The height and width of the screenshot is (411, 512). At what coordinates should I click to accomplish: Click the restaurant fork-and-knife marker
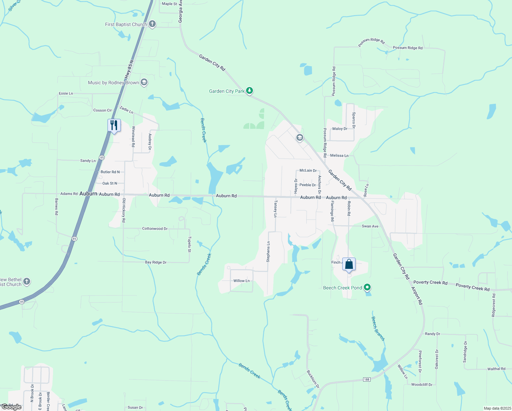pos(114,125)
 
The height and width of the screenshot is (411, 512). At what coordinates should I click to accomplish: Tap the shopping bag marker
pos(349,264)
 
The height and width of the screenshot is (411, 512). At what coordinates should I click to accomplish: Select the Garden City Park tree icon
pos(250,91)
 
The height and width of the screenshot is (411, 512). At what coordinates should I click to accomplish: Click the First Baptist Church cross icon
pos(152,24)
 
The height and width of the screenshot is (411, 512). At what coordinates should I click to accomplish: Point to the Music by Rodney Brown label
pos(113,83)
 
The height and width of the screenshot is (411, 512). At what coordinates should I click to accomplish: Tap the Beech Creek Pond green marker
pos(367,287)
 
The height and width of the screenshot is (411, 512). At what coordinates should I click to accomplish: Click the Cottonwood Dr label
pos(155,228)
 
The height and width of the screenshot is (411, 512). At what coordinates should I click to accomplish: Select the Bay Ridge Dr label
pos(156,262)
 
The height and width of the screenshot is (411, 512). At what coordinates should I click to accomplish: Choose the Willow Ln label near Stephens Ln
pos(242,281)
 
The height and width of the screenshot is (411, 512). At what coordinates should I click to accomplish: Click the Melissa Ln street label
pos(339,155)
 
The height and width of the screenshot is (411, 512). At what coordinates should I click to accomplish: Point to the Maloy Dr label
pos(340,129)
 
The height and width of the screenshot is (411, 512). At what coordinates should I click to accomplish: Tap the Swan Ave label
pos(370,226)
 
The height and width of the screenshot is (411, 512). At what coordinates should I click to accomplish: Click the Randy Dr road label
pos(432,334)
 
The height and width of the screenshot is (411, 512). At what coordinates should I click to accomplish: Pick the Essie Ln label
pos(66,94)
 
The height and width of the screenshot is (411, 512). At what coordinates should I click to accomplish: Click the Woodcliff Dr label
pos(422,385)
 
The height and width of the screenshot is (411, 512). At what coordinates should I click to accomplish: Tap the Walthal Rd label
pos(496,369)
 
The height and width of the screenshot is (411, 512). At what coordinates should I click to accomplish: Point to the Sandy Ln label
pos(88,161)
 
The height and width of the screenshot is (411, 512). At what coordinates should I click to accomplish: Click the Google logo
pos(11,407)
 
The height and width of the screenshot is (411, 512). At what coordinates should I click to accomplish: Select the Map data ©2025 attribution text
pos(497,408)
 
